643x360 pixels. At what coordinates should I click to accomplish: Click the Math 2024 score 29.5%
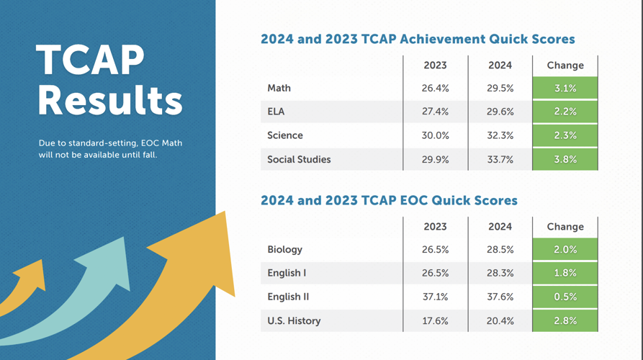(500, 88)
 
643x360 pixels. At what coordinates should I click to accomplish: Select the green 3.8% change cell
(565, 159)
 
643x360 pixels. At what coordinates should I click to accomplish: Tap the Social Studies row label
(299, 159)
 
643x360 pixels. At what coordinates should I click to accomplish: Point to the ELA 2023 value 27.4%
(435, 112)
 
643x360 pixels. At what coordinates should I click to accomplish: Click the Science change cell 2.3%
(565, 135)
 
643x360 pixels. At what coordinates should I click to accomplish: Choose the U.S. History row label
(294, 320)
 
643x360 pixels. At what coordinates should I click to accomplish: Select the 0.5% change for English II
(565, 297)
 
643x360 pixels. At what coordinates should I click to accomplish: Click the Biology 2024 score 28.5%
(500, 249)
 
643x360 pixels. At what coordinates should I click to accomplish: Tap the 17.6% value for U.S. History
(435, 320)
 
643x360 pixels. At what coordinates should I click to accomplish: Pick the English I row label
(287, 273)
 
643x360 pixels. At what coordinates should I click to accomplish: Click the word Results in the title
(109, 100)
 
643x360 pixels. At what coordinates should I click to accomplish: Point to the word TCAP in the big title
(90, 60)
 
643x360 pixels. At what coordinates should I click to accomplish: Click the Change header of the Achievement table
(565, 65)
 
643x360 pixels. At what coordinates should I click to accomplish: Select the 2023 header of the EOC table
(435, 226)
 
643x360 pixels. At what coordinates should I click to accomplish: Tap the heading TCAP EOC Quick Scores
(389, 200)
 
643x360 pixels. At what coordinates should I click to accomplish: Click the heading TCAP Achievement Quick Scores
(418, 39)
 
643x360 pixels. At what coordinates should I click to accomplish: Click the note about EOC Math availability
(110, 149)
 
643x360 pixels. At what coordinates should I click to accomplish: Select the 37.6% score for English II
(500, 297)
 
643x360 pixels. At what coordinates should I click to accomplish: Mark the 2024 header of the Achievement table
(500, 65)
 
